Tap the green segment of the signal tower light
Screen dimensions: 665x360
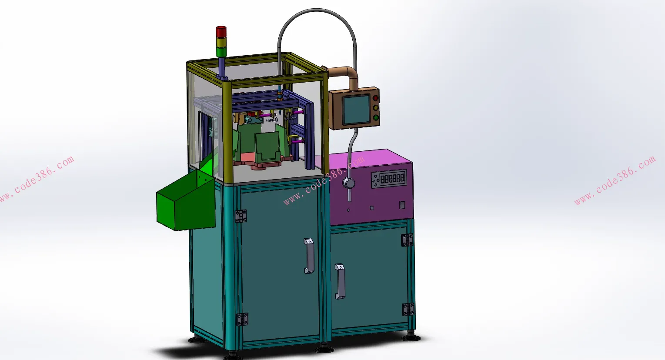[221, 52]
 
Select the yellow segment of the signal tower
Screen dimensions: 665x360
[221, 42]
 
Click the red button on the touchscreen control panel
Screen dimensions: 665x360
[375, 98]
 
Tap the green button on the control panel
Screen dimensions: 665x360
[376, 117]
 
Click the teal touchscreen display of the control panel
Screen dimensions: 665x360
[356, 110]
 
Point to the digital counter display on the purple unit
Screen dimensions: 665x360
[392, 178]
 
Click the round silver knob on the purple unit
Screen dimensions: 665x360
[349, 183]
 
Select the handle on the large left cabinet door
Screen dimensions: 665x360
[309, 256]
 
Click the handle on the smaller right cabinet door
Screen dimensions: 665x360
[340, 281]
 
